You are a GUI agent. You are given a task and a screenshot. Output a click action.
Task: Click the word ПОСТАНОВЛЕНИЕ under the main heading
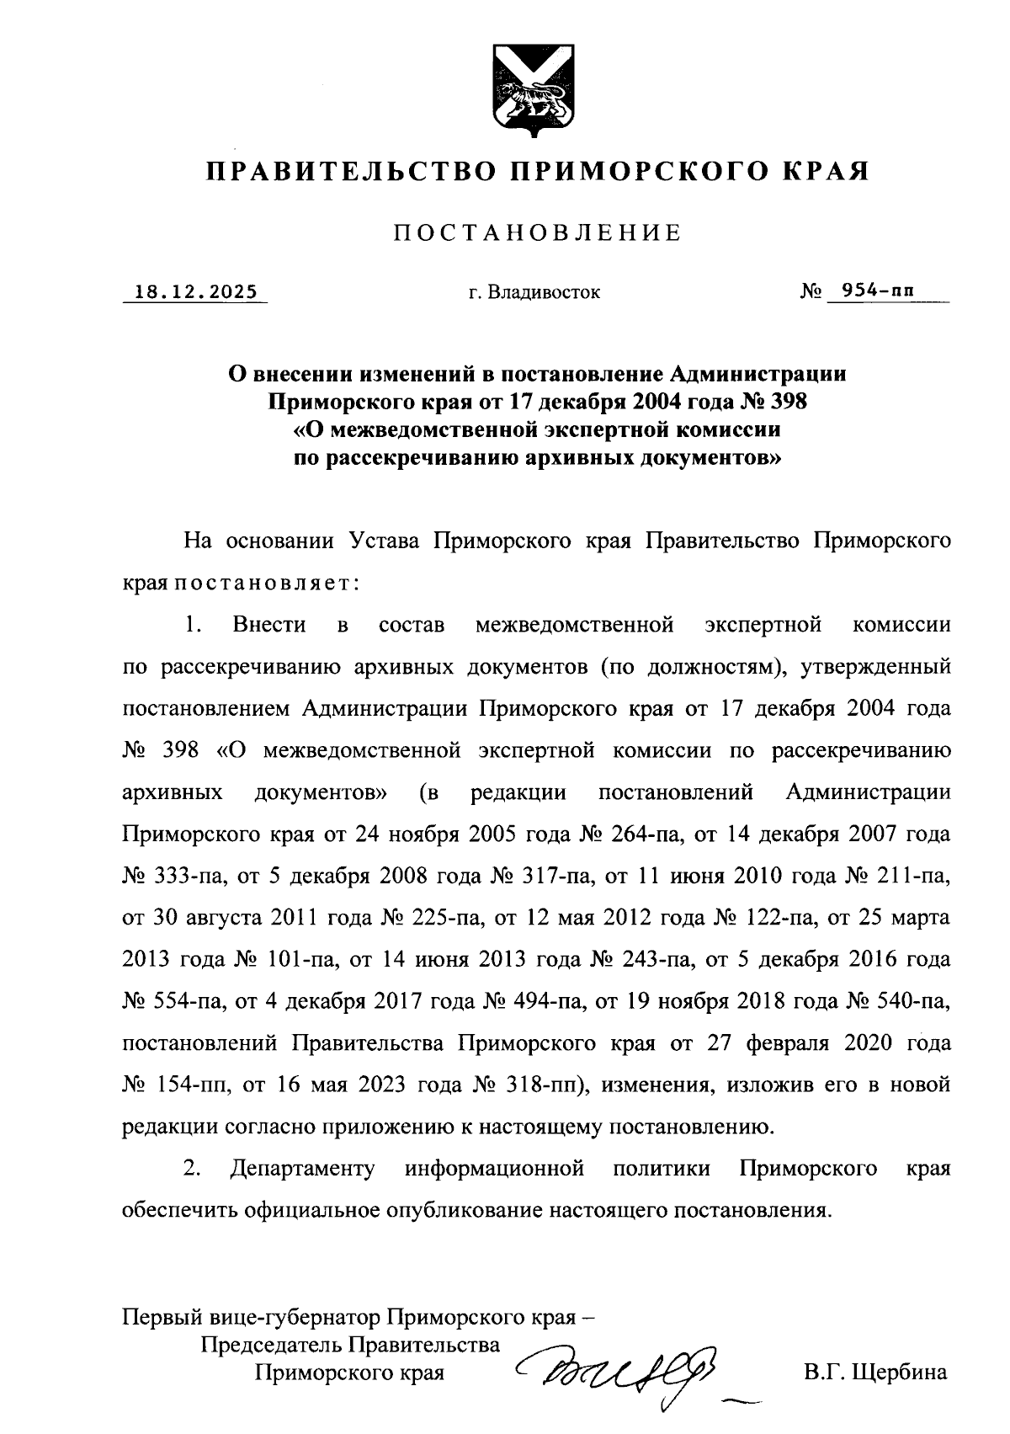(538, 232)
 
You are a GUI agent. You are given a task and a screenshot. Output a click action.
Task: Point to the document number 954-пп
(872, 291)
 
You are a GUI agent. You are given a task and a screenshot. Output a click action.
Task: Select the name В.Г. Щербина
(875, 1373)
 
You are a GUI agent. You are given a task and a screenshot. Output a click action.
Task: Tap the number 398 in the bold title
(786, 402)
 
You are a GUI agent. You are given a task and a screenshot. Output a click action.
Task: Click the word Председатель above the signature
(270, 1345)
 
